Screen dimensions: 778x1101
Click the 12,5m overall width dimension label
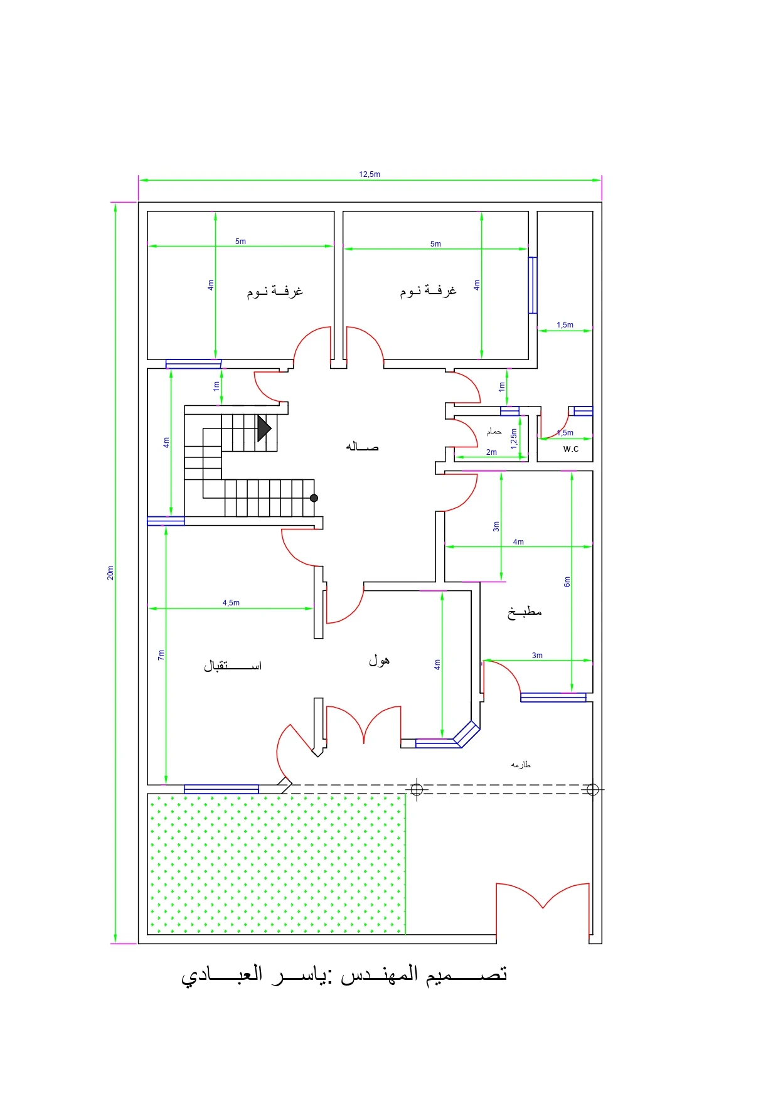(x=370, y=174)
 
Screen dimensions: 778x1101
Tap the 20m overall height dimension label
(x=110, y=573)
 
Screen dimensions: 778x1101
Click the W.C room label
(x=571, y=449)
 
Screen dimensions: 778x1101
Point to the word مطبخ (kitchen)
(x=525, y=612)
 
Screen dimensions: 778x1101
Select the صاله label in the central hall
(x=362, y=446)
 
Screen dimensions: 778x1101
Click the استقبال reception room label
(x=232, y=665)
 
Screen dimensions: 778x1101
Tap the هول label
(x=379, y=659)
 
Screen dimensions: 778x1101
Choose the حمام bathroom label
(x=494, y=432)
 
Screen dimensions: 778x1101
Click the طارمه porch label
(x=521, y=764)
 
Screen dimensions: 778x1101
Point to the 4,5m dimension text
(x=231, y=603)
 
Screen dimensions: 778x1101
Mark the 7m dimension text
(x=161, y=655)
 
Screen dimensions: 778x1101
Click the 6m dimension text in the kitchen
(x=567, y=582)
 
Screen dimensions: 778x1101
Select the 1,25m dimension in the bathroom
(x=514, y=439)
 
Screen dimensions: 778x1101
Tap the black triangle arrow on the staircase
(x=264, y=428)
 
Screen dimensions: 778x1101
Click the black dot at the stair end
(x=314, y=498)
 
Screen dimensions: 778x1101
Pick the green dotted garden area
(x=277, y=864)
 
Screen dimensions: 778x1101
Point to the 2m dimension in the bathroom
(x=491, y=452)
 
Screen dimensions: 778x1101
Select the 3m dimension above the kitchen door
(x=537, y=656)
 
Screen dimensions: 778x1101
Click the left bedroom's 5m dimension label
(x=240, y=242)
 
